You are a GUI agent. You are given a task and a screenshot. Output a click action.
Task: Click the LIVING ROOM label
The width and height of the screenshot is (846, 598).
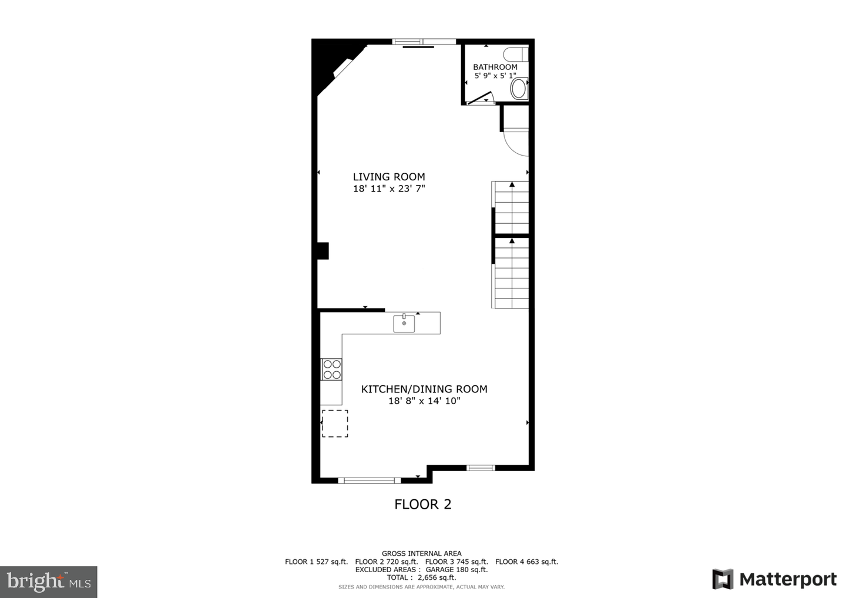point(388,177)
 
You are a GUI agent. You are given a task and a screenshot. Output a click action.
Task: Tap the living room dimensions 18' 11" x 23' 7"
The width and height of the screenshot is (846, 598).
point(388,189)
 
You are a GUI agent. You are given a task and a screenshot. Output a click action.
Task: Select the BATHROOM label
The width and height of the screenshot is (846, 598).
point(495,67)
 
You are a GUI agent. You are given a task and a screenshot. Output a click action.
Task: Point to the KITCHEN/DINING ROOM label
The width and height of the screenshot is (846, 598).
point(424,389)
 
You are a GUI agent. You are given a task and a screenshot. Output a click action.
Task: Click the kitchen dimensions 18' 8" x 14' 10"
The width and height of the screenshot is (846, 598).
point(424,401)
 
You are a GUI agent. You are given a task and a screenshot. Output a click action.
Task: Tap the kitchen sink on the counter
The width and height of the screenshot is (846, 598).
point(404,323)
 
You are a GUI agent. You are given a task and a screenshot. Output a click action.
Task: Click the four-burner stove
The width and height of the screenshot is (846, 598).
point(331,369)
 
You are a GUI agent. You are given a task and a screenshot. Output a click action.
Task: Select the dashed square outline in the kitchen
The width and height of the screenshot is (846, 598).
point(335,423)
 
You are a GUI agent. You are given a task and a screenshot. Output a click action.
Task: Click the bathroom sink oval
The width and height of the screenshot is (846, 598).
point(519,89)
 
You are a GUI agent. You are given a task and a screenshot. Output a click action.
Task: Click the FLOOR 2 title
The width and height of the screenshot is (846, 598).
point(422,504)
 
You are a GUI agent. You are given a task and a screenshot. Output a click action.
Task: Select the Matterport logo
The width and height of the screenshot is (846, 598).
point(774,579)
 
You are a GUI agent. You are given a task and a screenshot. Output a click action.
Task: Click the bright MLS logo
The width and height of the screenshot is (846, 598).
point(48,582)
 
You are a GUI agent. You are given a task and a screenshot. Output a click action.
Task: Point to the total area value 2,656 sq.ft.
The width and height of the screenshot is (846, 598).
point(437,577)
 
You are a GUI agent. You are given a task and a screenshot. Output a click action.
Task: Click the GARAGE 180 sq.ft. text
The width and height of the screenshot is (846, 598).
point(456,569)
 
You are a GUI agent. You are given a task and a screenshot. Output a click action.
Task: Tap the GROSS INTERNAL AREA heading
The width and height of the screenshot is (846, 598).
point(421,553)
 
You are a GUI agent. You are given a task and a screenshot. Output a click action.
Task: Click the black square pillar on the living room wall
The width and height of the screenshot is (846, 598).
point(323,250)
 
